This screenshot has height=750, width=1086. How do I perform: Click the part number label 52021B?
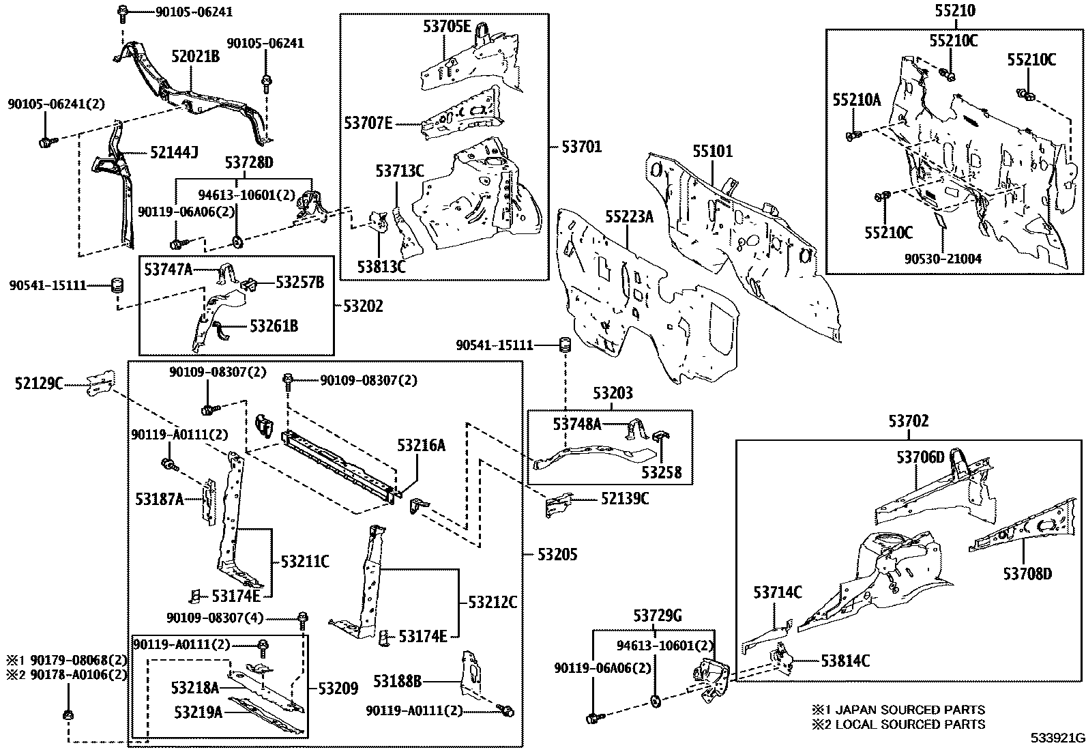click(196, 57)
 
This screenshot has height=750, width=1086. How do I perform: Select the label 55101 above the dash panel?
click(713, 151)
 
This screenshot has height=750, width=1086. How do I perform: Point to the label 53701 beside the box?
click(582, 146)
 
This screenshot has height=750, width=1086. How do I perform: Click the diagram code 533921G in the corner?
click(1057, 738)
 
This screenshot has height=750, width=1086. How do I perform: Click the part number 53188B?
click(398, 681)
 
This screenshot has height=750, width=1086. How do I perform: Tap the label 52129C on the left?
click(38, 385)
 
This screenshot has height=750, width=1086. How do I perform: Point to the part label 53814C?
click(845, 661)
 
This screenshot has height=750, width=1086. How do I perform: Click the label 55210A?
click(856, 100)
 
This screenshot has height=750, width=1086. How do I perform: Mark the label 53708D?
click(1027, 573)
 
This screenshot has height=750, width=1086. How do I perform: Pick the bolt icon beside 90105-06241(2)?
click(46, 143)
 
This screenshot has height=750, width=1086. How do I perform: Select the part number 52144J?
click(175, 153)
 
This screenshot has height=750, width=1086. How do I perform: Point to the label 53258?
click(662, 472)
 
